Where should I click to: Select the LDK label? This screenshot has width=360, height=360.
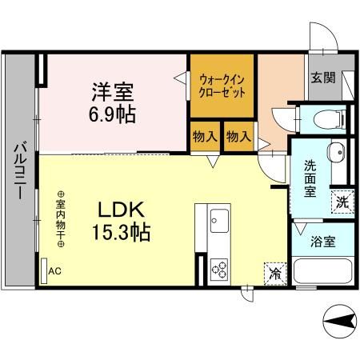click(121, 210)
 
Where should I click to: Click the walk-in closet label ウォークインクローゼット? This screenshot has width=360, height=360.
click(222, 85)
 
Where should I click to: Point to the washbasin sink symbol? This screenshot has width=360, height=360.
click(335, 151)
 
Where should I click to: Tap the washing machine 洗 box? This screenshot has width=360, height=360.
click(342, 202)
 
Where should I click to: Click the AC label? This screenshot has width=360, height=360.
click(54, 270)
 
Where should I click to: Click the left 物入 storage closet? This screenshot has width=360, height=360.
click(204, 136)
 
